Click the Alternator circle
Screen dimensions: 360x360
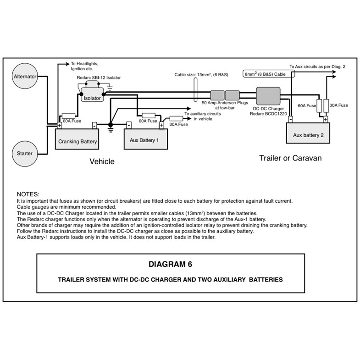click(x=25, y=77)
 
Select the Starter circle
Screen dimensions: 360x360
click(x=25, y=153)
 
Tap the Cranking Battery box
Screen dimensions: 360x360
click(x=78, y=141)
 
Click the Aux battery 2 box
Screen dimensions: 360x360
click(x=309, y=135)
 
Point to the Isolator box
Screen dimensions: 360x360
click(x=92, y=98)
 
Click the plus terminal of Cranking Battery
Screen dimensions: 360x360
click(x=59, y=125)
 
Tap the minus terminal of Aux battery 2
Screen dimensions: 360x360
click(x=290, y=119)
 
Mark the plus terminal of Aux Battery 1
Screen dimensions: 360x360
click(x=161, y=125)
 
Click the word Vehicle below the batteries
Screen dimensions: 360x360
click(x=102, y=161)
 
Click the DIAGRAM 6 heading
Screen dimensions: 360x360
click(x=170, y=264)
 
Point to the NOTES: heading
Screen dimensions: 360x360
click(x=28, y=194)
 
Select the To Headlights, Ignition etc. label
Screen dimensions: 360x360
click(x=84, y=66)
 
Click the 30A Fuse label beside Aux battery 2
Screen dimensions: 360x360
click(x=339, y=105)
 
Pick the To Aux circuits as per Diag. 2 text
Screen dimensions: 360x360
click(x=317, y=66)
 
